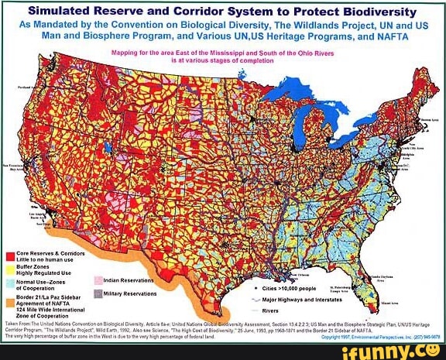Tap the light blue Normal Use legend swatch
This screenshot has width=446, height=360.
tap(9, 281)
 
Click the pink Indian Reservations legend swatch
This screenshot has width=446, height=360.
tap(98, 281)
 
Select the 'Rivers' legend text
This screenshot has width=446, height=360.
tap(270, 310)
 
